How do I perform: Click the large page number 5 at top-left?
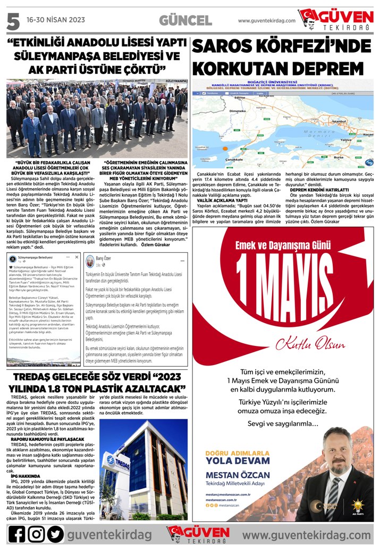(x=13, y=21)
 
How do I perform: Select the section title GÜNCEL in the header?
(x=185, y=21)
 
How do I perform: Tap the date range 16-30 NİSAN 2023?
(x=55, y=20)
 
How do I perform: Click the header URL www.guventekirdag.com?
(x=266, y=21)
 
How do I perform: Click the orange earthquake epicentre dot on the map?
(x=225, y=150)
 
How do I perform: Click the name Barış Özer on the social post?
(x=103, y=258)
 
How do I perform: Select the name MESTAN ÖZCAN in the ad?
(x=237, y=475)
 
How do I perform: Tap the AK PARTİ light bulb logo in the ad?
(x=357, y=505)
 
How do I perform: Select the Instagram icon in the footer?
(x=36, y=534)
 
